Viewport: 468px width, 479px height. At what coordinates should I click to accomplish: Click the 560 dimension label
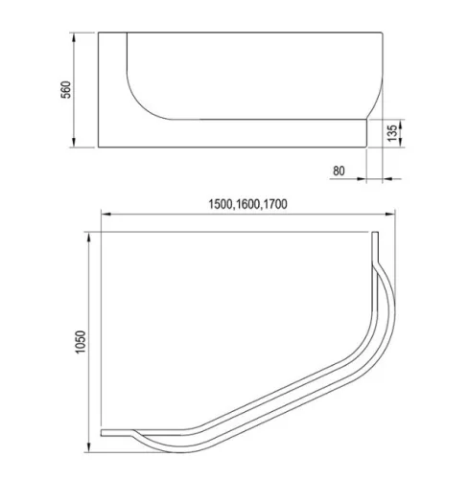(66, 90)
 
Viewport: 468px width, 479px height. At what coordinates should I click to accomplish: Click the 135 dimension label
(392, 133)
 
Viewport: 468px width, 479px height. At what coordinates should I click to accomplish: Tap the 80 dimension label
(339, 171)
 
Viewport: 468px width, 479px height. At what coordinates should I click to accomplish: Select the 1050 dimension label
(81, 342)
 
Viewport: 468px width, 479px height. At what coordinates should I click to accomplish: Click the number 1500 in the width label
(221, 204)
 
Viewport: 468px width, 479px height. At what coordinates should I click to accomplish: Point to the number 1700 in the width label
(275, 204)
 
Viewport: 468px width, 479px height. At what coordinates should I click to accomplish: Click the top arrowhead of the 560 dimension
(74, 37)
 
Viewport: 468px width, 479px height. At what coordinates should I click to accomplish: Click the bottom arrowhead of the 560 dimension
(74, 143)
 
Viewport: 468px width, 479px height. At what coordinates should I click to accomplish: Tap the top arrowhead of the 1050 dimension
(89, 237)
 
